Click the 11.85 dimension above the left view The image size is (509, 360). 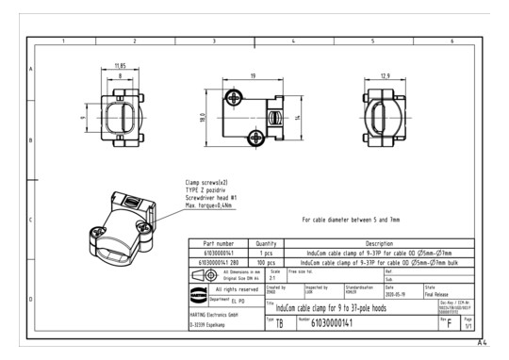121,66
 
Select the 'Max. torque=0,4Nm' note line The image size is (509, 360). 209,205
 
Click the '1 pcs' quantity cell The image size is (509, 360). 266,252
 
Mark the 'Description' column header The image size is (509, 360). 379,243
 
